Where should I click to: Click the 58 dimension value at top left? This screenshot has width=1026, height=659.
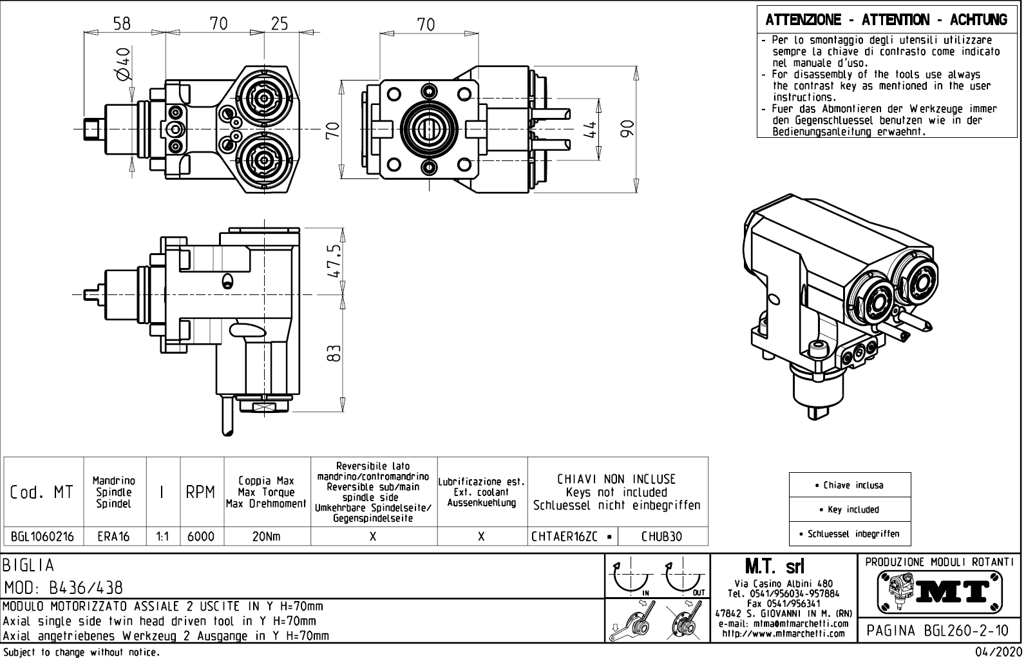coord(122,24)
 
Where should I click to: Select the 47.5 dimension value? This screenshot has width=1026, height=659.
coord(334,261)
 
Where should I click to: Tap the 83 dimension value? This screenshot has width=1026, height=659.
coord(334,353)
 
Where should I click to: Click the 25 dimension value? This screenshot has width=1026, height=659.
coord(279,24)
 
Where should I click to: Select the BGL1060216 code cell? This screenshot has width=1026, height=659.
coord(43,537)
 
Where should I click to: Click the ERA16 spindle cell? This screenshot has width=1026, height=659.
coord(114,537)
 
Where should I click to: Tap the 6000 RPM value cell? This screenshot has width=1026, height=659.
coord(201,537)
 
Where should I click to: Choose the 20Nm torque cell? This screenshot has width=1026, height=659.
coord(266,537)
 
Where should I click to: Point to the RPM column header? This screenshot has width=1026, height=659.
coord(200,493)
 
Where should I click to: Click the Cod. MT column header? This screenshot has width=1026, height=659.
coord(43,493)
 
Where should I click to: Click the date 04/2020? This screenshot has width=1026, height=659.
coord(998,653)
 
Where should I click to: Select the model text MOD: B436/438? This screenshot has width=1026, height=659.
coord(63,588)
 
